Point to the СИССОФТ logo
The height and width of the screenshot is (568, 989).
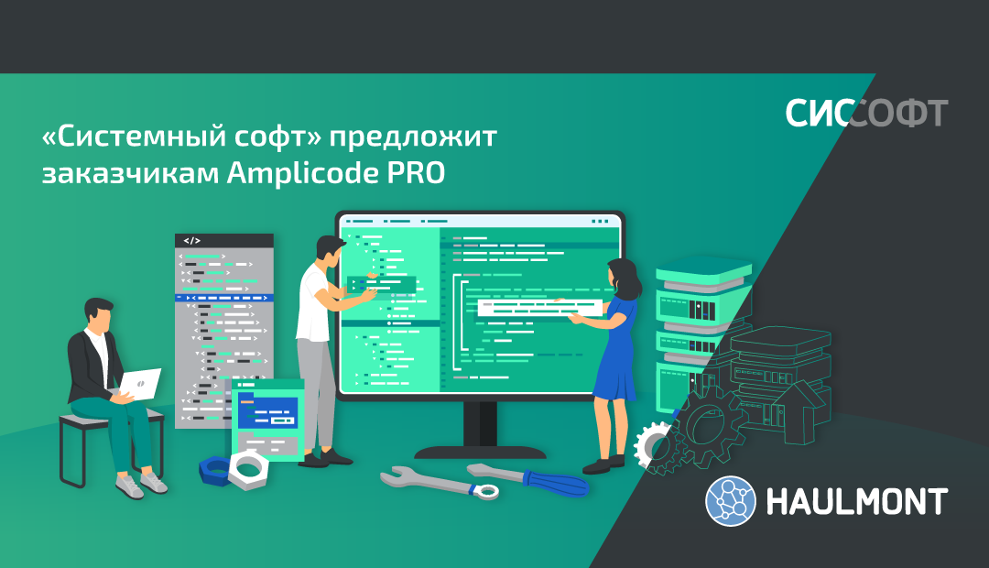point(865,113)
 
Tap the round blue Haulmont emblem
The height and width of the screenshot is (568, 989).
point(730,502)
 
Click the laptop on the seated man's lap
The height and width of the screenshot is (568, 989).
point(139,382)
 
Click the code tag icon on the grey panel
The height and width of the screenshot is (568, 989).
point(191,241)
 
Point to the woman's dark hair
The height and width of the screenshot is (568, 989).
point(627,275)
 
